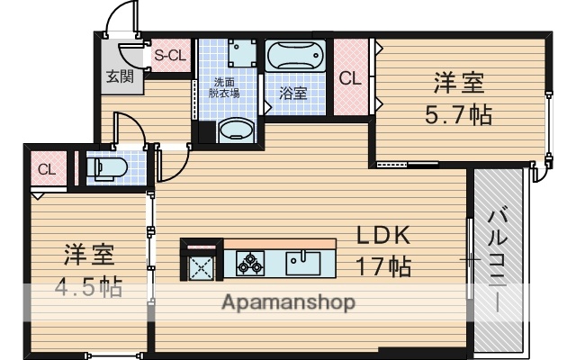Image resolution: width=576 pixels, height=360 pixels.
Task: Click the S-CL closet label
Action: (170, 56)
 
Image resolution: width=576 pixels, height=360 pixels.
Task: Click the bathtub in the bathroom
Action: (295, 57)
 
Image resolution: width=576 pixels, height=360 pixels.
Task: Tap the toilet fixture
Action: (110, 167)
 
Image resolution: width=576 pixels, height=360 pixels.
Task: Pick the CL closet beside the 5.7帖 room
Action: (349, 78)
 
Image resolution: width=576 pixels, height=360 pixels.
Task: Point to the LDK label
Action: (384, 235)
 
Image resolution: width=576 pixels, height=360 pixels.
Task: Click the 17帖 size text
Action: (384, 266)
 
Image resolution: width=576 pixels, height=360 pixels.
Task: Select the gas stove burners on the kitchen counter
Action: (249, 263)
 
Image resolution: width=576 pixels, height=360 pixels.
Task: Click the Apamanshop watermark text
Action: (288, 301)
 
